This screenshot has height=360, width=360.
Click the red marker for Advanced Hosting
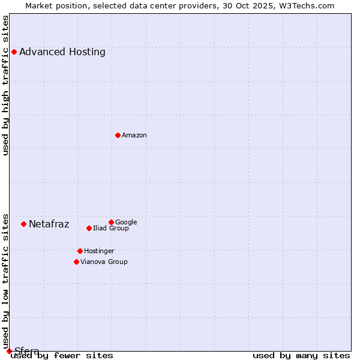click(14, 52)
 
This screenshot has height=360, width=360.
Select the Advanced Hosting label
click(62, 52)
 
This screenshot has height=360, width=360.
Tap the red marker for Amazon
click(118, 135)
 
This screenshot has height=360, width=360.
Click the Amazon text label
click(134, 135)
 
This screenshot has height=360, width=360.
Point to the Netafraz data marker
click(23, 224)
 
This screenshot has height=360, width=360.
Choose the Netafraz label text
click(49, 224)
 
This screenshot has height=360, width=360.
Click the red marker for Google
click(111, 222)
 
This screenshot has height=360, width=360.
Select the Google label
click(126, 222)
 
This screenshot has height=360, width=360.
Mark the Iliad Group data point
click(89, 228)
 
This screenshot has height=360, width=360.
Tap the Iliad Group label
click(111, 228)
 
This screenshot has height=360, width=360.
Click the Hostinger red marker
click(80, 251)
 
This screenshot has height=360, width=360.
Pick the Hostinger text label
click(99, 251)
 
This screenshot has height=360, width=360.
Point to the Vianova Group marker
click(76, 262)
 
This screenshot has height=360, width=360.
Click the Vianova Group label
click(104, 262)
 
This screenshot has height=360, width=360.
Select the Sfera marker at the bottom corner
click(9, 351)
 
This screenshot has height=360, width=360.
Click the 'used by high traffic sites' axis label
click(6, 85)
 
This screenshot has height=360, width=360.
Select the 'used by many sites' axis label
click(301, 355)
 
